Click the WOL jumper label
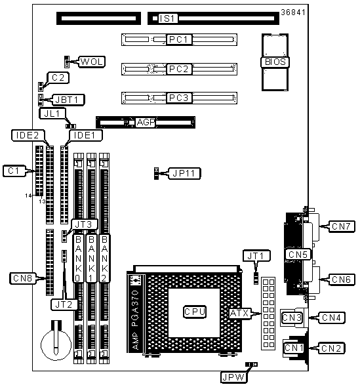pyautogui.click(x=92, y=62)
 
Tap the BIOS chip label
pyautogui.click(x=275, y=62)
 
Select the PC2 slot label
pyautogui.click(x=179, y=69)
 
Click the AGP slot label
pyautogui.click(x=146, y=122)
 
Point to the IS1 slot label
pyautogui.click(x=168, y=18)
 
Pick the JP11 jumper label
pyautogui.click(x=184, y=173)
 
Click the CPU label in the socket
pyautogui.click(x=195, y=312)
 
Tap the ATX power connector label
pyautogui.click(x=239, y=313)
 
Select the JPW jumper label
pyautogui.click(x=233, y=377)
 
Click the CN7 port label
pyautogui.click(x=342, y=226)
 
